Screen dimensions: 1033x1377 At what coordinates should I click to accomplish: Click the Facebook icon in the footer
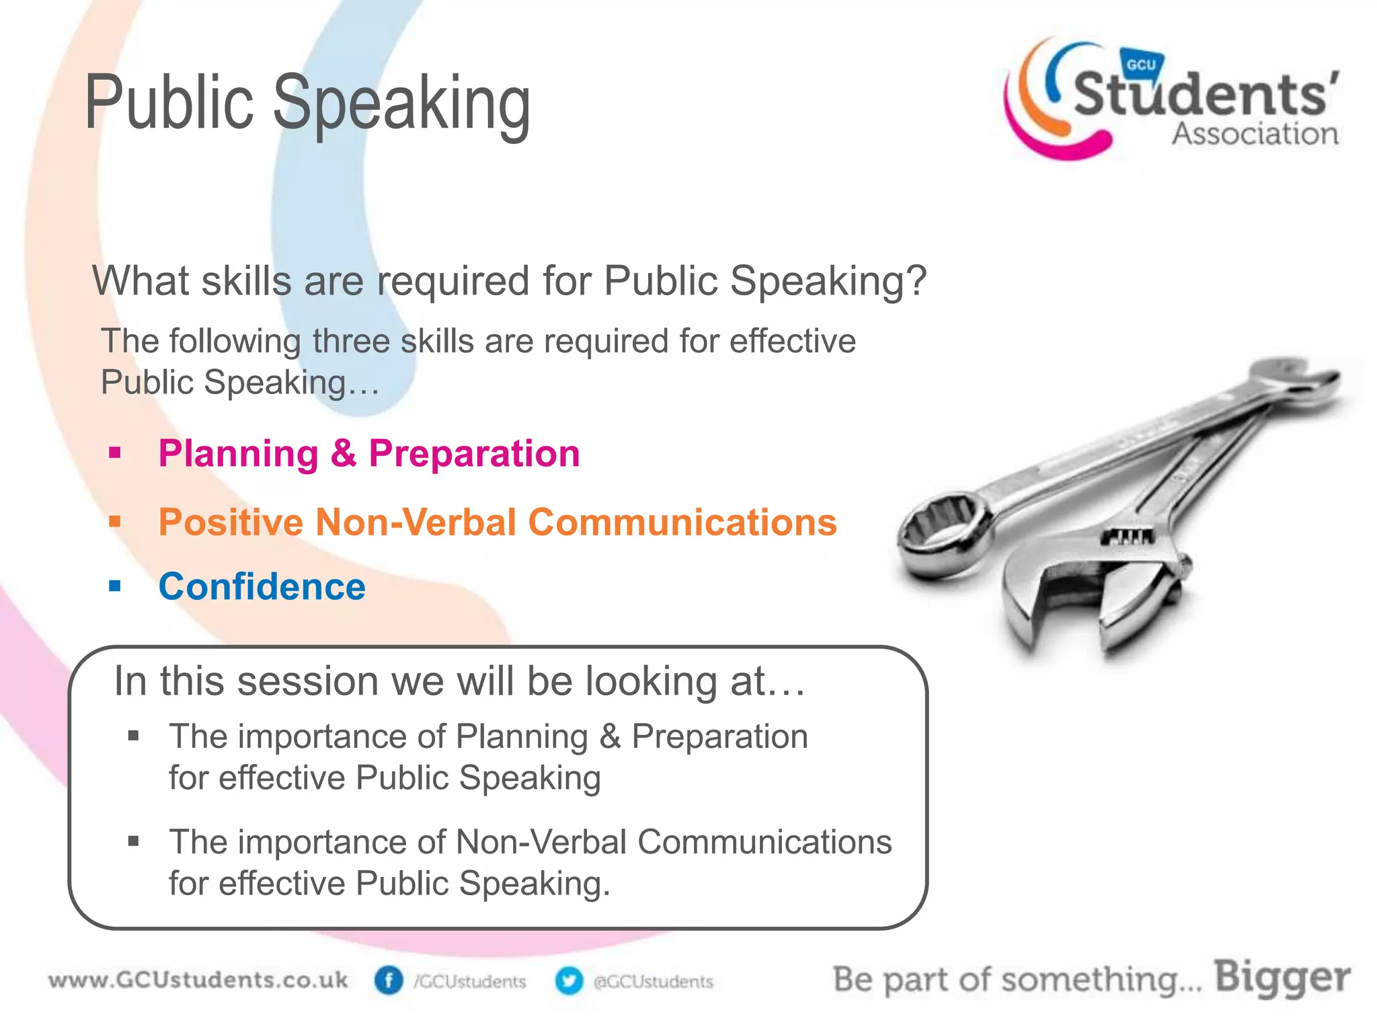pyautogui.click(x=389, y=981)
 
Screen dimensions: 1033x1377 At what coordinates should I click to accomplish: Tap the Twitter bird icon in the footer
pyautogui.click(x=569, y=981)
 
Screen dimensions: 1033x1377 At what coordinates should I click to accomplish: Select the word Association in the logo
pyautogui.click(x=1255, y=134)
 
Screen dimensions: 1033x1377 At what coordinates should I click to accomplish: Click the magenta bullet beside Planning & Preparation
pyautogui.click(x=115, y=453)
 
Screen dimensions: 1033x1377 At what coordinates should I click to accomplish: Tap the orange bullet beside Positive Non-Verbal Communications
pyautogui.click(x=115, y=522)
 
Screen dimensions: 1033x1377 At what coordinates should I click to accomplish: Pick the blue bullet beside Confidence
pyautogui.click(x=115, y=586)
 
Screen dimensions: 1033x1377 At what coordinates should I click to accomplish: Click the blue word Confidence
pyautogui.click(x=262, y=586)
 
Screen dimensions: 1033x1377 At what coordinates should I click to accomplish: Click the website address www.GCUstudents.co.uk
pyautogui.click(x=198, y=980)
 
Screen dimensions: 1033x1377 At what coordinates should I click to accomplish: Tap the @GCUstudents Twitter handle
pyautogui.click(x=653, y=982)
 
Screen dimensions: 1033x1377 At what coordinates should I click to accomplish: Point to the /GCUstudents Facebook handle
pyautogui.click(x=470, y=982)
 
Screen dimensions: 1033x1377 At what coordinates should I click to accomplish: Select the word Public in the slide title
pyautogui.click(x=169, y=103)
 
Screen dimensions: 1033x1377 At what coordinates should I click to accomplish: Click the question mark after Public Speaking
pyautogui.click(x=915, y=280)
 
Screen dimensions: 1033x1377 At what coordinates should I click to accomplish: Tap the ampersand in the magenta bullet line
pyautogui.click(x=343, y=453)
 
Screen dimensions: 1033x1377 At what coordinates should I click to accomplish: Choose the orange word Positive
pyautogui.click(x=231, y=522)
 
